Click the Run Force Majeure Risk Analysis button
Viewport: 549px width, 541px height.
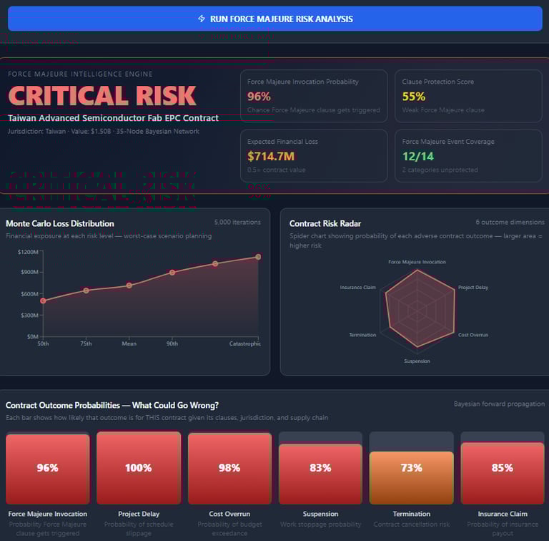[x=275, y=19]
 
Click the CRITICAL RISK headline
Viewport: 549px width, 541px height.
[x=102, y=96]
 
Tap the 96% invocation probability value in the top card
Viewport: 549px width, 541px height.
[x=259, y=97]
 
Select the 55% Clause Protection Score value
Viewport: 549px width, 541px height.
[x=413, y=97]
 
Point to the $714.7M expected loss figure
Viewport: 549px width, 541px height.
[x=271, y=156]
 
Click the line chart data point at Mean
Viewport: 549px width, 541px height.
[x=129, y=285]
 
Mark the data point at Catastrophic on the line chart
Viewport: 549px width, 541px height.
[x=258, y=256]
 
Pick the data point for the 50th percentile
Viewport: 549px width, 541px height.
[x=43, y=301]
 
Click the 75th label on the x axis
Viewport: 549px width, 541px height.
[x=86, y=343]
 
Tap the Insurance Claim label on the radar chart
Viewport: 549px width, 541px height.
[x=357, y=288]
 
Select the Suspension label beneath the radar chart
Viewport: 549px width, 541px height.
[x=417, y=361]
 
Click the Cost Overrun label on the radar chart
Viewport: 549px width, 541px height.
[x=473, y=335]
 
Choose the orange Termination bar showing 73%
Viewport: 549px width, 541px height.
[x=411, y=477]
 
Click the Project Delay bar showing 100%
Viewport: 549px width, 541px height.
[x=138, y=468]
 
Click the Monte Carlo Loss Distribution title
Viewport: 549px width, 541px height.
[x=60, y=223]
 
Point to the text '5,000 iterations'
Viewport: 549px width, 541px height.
[x=237, y=223]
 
